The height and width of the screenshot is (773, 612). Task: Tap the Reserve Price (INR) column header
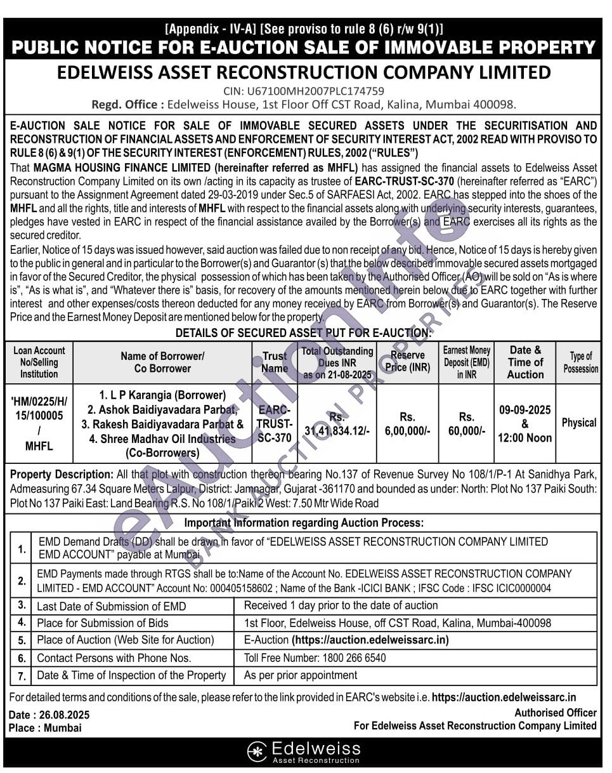click(x=407, y=361)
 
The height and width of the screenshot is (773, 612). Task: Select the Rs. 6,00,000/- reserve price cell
click(x=407, y=423)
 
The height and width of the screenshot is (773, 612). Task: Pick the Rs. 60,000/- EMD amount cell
click(x=466, y=423)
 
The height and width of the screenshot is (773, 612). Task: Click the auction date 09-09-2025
click(x=525, y=410)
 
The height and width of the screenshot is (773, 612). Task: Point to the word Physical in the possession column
click(x=578, y=423)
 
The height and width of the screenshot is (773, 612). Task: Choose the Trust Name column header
click(x=275, y=362)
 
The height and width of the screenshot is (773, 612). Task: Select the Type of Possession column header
click(x=580, y=362)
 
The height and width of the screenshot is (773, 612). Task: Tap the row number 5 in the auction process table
click(x=22, y=640)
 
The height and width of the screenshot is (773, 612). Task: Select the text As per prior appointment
click(x=301, y=675)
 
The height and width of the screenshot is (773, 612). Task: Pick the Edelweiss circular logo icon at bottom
click(x=257, y=751)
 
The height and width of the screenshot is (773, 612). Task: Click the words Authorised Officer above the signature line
click(x=555, y=713)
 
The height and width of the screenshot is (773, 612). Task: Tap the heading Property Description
click(x=62, y=474)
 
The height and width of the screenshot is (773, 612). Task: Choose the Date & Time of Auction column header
click(x=525, y=362)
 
